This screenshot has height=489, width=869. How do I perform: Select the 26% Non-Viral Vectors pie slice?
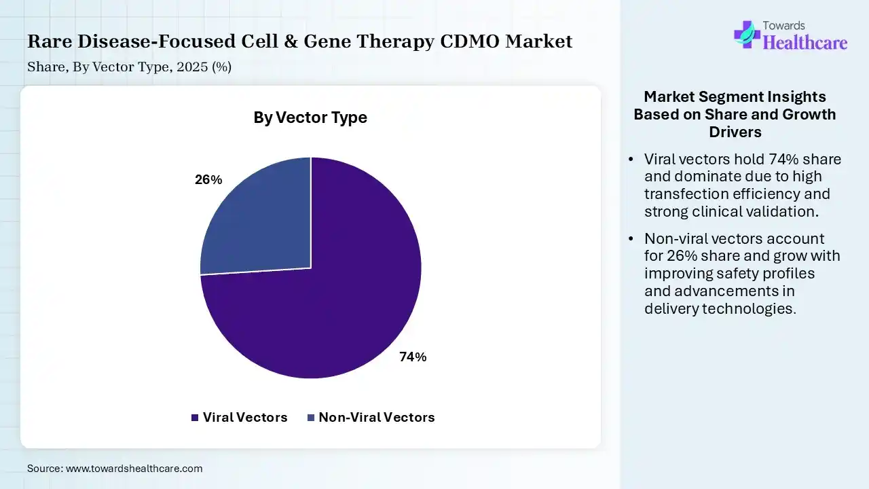[x=264, y=225]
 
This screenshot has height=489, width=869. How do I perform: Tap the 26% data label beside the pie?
[x=208, y=180]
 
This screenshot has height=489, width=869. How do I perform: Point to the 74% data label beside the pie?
[x=413, y=357]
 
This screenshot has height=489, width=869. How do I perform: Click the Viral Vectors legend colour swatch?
[x=195, y=418]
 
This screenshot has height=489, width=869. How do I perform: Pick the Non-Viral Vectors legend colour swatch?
[x=311, y=418]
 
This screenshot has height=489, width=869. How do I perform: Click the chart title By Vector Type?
[x=310, y=117]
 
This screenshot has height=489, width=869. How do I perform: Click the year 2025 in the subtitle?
[x=192, y=67]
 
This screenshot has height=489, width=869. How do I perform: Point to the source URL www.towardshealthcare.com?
[x=134, y=469]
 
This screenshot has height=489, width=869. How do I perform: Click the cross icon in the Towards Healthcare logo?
[x=747, y=35]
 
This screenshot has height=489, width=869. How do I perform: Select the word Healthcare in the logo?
[x=805, y=43]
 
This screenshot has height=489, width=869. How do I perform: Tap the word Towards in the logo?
[x=783, y=26]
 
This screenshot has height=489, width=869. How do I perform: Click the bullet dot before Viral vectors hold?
[x=631, y=160]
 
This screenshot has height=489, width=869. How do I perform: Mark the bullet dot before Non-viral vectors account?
[x=631, y=238]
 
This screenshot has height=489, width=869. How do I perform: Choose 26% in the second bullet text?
[x=682, y=256]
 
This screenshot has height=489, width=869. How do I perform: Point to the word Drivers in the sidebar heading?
[x=735, y=132]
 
